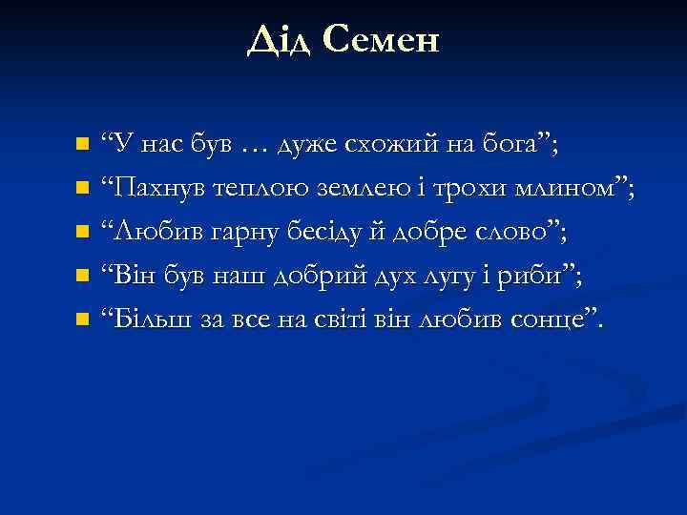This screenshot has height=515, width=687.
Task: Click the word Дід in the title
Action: [278, 39]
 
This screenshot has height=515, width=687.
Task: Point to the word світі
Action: [364, 319]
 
